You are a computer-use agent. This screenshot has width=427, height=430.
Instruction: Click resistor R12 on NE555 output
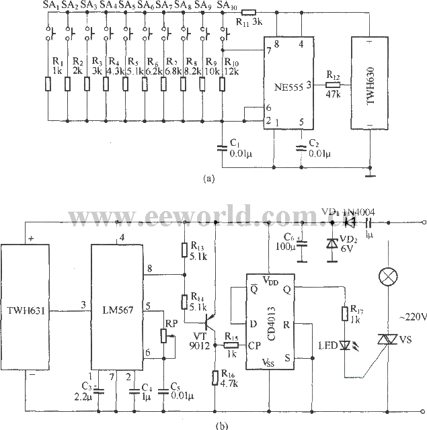pos(332,85)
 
